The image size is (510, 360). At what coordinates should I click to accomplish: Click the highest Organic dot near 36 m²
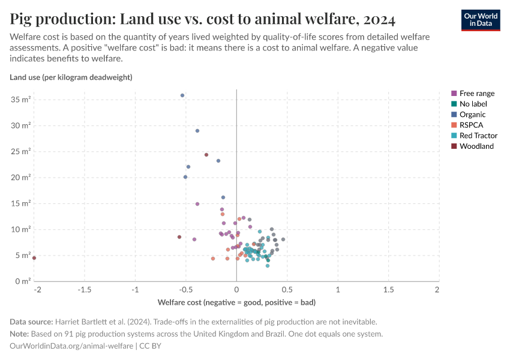(x=182, y=95)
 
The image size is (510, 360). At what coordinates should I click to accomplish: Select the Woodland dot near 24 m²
(x=206, y=155)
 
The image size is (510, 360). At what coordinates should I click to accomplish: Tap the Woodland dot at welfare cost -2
(x=34, y=258)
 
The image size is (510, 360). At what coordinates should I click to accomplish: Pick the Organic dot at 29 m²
(x=197, y=131)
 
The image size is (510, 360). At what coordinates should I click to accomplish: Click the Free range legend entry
(x=476, y=94)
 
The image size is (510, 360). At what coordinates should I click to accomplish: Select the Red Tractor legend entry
(x=478, y=136)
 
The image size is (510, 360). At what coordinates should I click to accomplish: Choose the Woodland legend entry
(x=476, y=146)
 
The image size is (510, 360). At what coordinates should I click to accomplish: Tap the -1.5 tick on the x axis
(x=84, y=290)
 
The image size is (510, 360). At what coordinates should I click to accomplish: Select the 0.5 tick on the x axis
(x=287, y=290)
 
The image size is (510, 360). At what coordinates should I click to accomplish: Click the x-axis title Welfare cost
(x=236, y=302)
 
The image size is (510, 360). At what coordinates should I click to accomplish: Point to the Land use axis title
(x=71, y=77)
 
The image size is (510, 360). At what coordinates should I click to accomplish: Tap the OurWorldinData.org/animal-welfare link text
(x=72, y=346)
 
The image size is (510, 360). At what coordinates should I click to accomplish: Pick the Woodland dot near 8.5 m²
(x=179, y=237)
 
